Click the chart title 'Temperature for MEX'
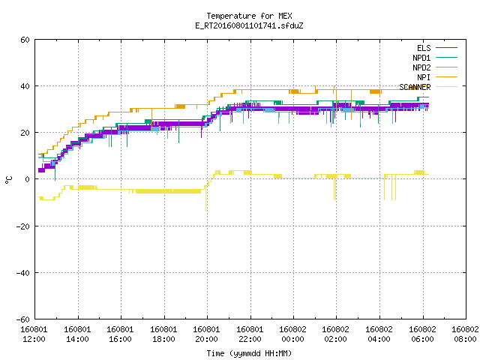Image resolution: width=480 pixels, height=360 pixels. pos(249,16)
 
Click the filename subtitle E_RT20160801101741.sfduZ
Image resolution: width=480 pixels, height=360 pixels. pos(249,25)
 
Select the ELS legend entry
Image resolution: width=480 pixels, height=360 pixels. pos(437,48)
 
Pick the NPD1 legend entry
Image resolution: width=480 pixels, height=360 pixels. pos(435,58)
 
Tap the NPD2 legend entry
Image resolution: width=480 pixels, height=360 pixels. pos(435,67)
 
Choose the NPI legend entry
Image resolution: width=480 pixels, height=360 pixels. pos(437,77)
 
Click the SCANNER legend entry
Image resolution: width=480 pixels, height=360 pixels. pos(428,87)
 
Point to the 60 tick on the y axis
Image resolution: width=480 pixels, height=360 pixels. pos(25,40)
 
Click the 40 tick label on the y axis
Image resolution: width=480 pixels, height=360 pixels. pos(25,86)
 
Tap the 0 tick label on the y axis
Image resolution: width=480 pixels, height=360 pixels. pos(28,179)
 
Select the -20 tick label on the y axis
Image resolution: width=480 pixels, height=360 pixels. pos(23,226)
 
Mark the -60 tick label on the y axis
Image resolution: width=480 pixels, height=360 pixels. pos(23,319)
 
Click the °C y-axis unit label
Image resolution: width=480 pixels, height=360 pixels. pos(8,180)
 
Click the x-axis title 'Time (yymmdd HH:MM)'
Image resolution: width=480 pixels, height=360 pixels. pos(249,353)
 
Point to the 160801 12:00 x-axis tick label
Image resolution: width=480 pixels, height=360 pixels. pos(34,334)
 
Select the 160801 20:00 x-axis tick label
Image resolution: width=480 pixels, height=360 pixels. pos(207,334)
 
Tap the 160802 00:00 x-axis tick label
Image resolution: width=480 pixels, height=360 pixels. pos(293,334)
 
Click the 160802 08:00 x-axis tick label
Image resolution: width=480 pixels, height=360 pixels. pos(465,334)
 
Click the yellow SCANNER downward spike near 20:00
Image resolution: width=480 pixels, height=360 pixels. pos(205,198)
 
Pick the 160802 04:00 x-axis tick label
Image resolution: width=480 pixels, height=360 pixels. pos(379,334)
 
